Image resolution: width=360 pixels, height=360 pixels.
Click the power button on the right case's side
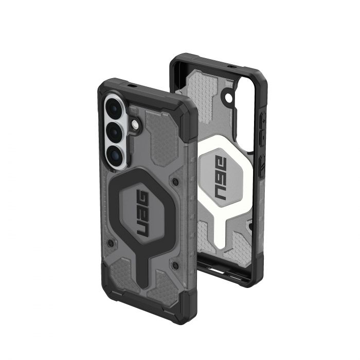(x=261, y=170)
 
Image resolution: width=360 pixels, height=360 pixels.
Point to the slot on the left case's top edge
(x=128, y=83)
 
